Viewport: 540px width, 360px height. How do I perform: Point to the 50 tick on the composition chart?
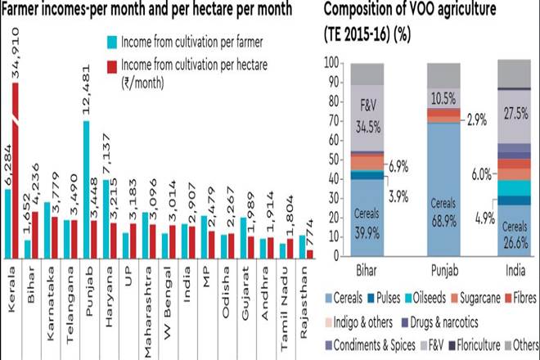[x=332, y=159]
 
